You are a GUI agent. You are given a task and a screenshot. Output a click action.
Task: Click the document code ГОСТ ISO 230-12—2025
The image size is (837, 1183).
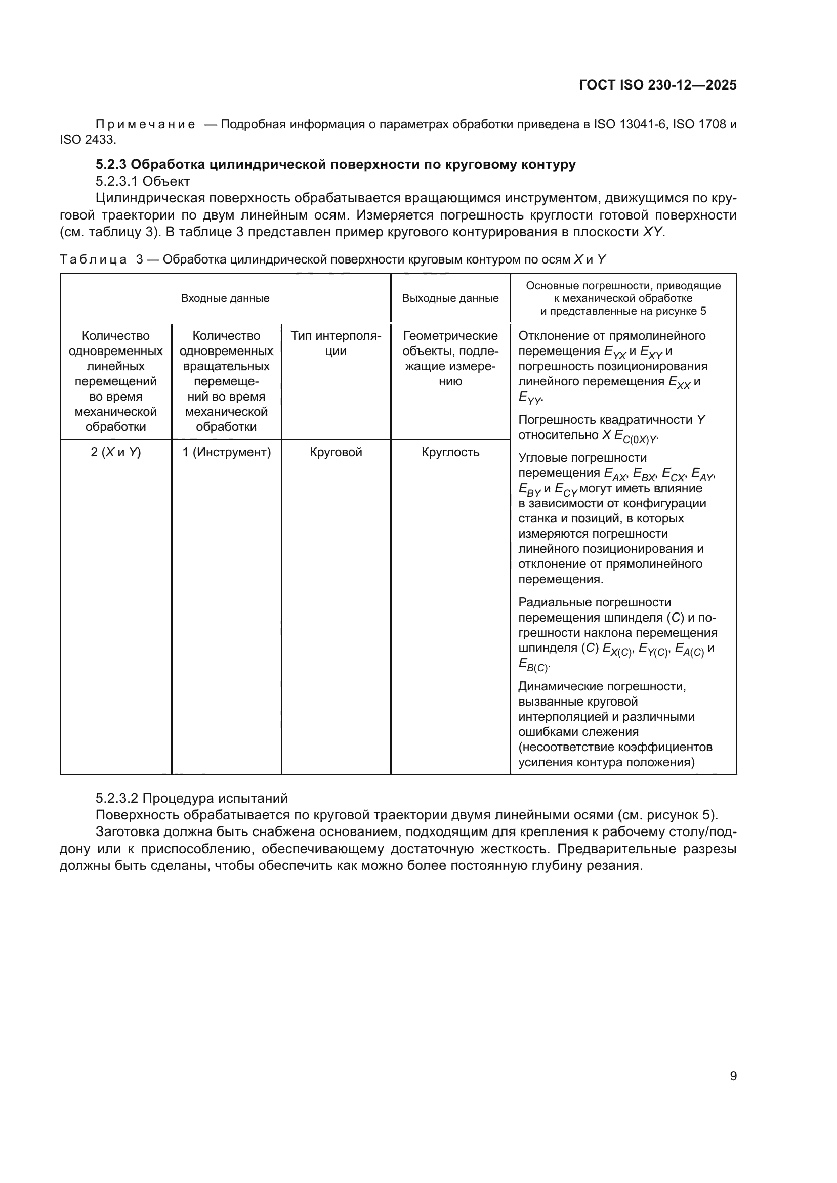tap(658, 85)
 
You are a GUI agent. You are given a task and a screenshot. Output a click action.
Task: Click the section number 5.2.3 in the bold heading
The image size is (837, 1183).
tap(111, 165)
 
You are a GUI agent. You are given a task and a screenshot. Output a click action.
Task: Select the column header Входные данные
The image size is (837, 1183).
tap(225, 298)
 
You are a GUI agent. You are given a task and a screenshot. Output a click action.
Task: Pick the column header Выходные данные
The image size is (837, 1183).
tap(450, 298)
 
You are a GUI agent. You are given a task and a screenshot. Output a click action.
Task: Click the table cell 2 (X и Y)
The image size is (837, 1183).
tap(115, 452)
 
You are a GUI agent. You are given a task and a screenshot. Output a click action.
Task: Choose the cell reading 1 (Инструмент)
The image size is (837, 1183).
tap(226, 452)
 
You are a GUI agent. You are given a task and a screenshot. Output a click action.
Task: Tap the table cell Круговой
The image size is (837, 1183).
tap(336, 452)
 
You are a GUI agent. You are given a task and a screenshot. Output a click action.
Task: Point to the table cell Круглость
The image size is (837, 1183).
tap(450, 452)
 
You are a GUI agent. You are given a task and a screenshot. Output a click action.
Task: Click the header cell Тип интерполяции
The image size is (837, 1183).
tap(336, 343)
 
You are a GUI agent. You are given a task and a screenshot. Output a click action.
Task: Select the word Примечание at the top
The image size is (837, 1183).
tap(145, 125)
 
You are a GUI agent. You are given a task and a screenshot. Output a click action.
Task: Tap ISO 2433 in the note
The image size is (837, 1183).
tap(87, 140)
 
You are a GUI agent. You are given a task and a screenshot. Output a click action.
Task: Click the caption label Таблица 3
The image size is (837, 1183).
tap(101, 259)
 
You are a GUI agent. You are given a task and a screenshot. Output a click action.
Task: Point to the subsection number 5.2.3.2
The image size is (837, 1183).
tap(117, 798)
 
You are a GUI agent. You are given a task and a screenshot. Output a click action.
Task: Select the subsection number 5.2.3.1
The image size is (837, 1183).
tap(117, 182)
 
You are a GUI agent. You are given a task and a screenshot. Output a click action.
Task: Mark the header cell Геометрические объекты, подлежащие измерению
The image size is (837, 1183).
tap(450, 359)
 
